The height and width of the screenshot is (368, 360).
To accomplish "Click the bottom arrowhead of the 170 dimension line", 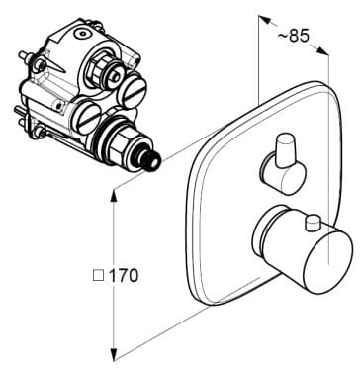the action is [x=115, y=351].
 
